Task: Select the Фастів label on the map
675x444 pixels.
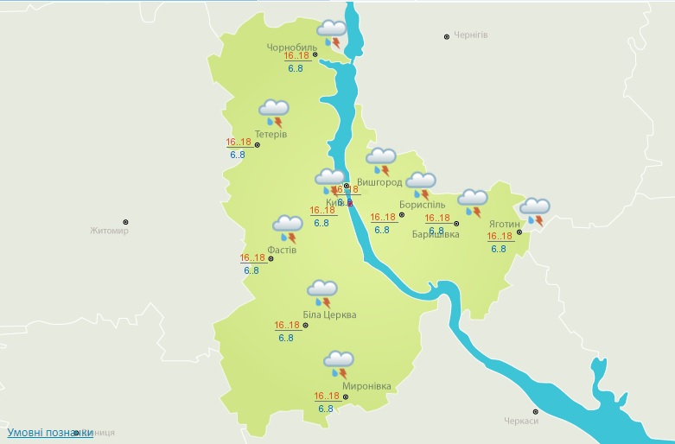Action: (282, 250)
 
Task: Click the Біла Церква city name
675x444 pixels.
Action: (329, 315)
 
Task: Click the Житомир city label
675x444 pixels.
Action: (109, 231)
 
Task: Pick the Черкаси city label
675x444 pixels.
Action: (521, 421)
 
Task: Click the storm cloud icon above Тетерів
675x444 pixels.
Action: (273, 112)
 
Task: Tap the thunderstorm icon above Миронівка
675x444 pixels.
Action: (338, 364)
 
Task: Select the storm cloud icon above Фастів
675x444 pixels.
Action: (287, 229)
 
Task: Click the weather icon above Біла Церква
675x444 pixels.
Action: (322, 293)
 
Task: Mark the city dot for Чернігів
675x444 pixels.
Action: (447, 36)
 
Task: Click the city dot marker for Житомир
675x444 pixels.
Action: (125, 222)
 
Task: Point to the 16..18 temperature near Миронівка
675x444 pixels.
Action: (327, 396)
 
